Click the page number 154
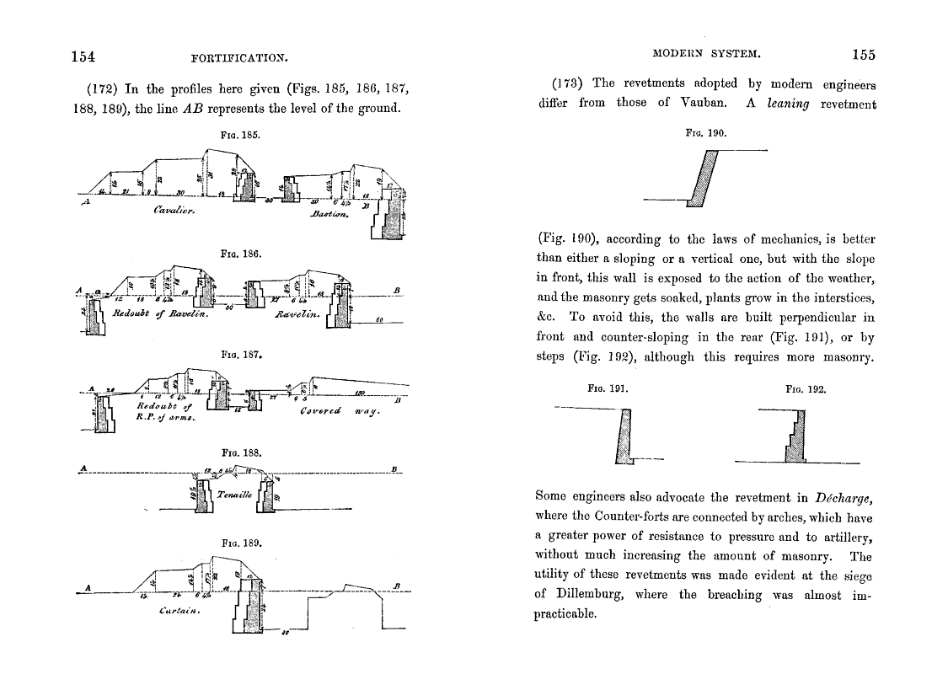coord(82,56)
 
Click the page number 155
coord(864,56)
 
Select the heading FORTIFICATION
coord(240,58)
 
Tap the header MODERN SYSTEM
coord(708,55)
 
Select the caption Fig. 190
coord(706,133)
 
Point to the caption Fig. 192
coord(806,390)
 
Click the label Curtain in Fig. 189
coord(178,611)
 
